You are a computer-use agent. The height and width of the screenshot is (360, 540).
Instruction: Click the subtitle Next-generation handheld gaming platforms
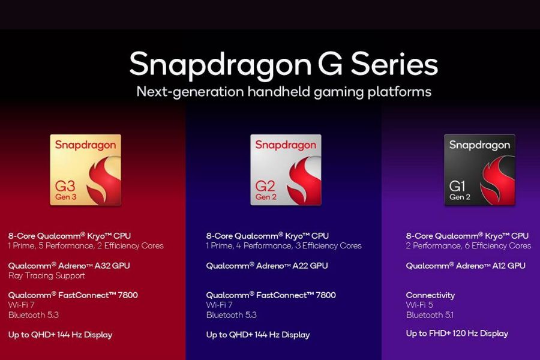(284, 92)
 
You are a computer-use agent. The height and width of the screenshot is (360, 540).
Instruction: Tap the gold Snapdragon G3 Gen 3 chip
(85, 170)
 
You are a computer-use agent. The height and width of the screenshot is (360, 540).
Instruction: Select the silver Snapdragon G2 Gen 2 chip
(286, 170)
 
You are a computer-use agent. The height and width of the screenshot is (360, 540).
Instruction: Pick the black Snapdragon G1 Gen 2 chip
(479, 170)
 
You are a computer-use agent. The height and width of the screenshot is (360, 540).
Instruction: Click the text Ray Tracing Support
(46, 276)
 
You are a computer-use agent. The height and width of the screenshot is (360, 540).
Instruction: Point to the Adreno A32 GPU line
(69, 265)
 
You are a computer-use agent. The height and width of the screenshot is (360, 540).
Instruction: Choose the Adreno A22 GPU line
(267, 265)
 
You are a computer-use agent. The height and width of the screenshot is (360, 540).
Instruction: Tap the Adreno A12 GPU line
(466, 265)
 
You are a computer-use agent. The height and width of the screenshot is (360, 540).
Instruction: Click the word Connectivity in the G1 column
(430, 295)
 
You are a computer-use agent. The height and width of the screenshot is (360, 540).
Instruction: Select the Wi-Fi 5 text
(419, 305)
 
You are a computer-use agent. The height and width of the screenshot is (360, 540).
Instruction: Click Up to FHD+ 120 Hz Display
(457, 334)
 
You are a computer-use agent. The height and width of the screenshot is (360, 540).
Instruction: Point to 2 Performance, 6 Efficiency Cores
(468, 245)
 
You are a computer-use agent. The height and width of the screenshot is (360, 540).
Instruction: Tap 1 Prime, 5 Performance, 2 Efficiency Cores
(86, 245)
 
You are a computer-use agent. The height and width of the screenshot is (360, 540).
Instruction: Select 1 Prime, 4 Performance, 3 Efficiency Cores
(284, 245)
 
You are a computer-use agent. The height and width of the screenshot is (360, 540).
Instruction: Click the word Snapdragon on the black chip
(479, 145)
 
